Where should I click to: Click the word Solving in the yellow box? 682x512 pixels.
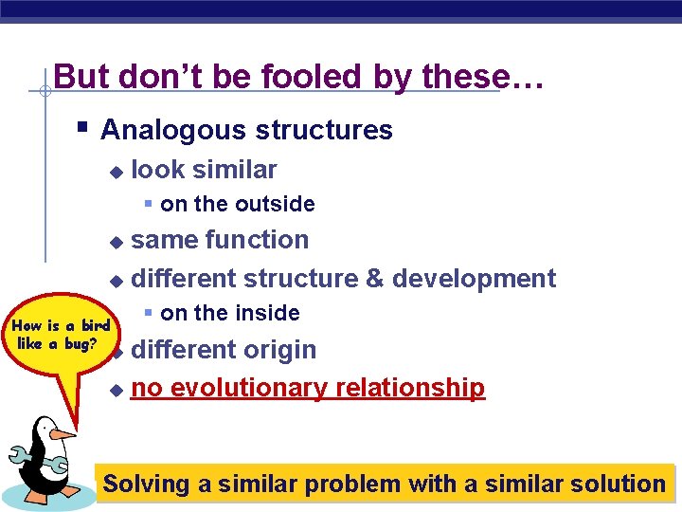[146, 484]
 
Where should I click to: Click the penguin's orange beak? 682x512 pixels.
[63, 433]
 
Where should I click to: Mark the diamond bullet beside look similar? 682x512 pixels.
[116, 172]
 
